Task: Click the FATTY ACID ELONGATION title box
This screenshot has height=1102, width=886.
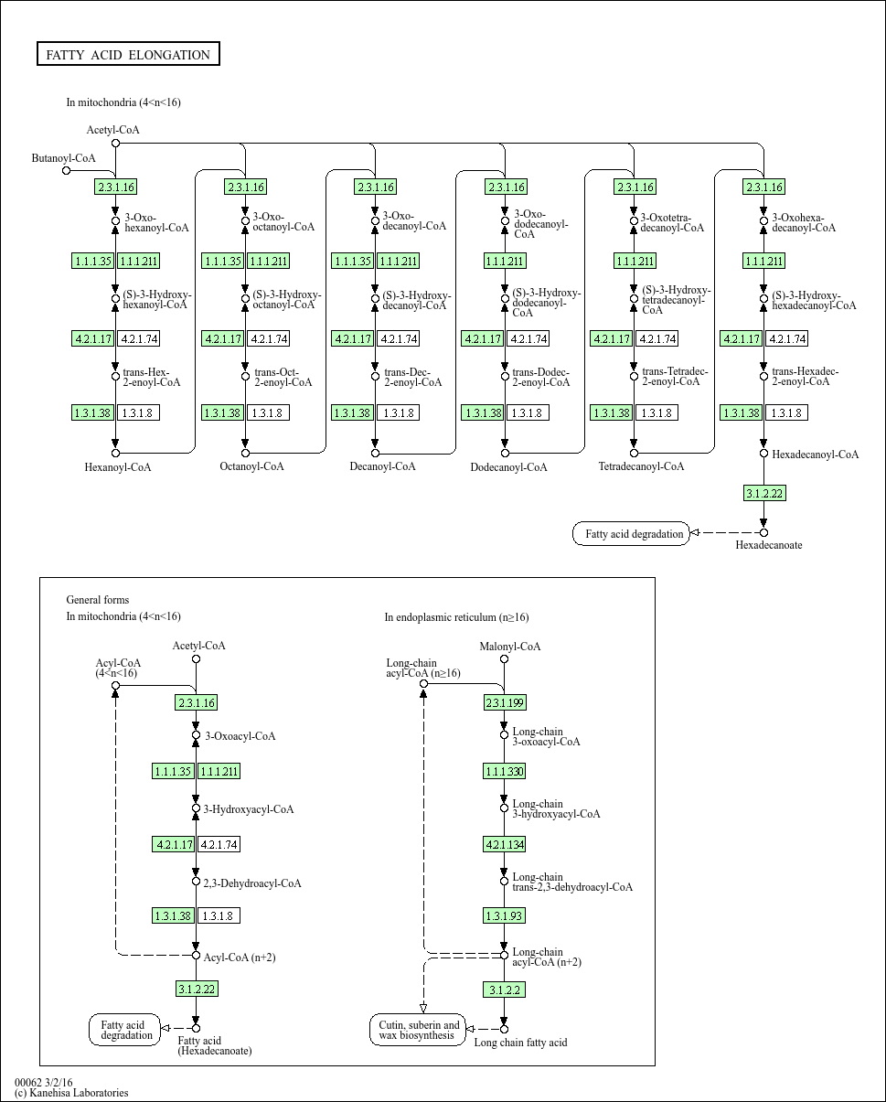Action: tap(128, 55)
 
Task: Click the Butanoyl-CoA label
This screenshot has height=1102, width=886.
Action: tap(63, 158)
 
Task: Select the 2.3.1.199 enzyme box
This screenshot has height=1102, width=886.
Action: tap(504, 702)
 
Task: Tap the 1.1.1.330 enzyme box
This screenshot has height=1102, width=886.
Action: tap(504, 772)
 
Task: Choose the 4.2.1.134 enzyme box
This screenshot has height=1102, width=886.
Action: tap(504, 844)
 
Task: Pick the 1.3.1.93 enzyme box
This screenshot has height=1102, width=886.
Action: tap(504, 915)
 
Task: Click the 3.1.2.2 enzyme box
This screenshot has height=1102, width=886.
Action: tap(504, 990)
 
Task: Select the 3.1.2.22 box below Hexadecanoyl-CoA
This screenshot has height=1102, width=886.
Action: tap(763, 494)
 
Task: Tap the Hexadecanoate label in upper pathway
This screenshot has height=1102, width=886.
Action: tap(768, 545)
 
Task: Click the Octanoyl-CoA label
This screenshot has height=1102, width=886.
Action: tap(251, 466)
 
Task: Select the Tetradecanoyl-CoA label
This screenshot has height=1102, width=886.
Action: tap(641, 466)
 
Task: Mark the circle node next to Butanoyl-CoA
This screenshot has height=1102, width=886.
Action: tap(66, 170)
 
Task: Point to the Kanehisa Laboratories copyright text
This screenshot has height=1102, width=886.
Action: tap(71, 1093)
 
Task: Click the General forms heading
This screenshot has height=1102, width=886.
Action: tap(97, 600)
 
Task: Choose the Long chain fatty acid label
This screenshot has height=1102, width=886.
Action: tap(520, 1043)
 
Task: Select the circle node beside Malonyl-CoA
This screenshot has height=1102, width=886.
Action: tap(504, 658)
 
